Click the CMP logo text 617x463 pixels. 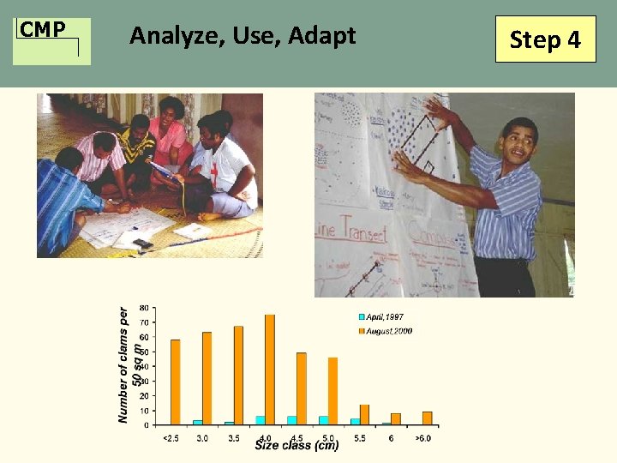[x=43, y=30]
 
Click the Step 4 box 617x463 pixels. [x=545, y=40]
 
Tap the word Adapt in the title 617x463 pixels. [x=322, y=37]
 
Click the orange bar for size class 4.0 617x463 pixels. [x=270, y=370]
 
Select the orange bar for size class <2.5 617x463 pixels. [x=176, y=382]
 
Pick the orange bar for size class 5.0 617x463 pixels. [x=332, y=391]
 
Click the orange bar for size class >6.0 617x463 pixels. [x=427, y=418]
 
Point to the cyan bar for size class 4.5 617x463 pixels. [x=291, y=420]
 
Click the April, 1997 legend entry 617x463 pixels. [x=386, y=317]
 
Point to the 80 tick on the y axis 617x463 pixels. [x=143, y=307]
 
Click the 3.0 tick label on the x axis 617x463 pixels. [x=202, y=438]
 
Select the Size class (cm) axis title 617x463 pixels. [x=297, y=446]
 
